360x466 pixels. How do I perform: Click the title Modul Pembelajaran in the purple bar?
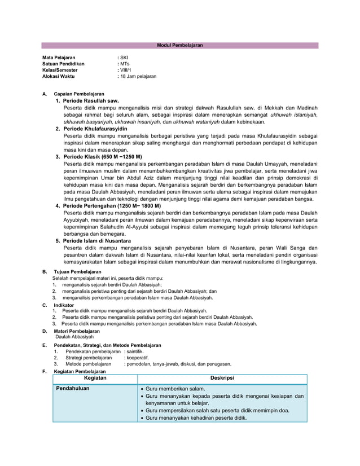[179, 45]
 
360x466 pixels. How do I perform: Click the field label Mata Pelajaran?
[59, 58]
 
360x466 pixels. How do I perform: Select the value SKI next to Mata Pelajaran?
[124, 58]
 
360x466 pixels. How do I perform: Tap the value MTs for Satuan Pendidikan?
[124, 64]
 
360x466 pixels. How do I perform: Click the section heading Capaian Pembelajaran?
[78, 94]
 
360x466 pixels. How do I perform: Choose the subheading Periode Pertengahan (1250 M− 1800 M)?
[112, 206]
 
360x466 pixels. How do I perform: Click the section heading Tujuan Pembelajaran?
[77, 272]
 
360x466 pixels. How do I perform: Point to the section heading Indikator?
[64, 305]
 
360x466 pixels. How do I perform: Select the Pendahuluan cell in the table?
[73, 389]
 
